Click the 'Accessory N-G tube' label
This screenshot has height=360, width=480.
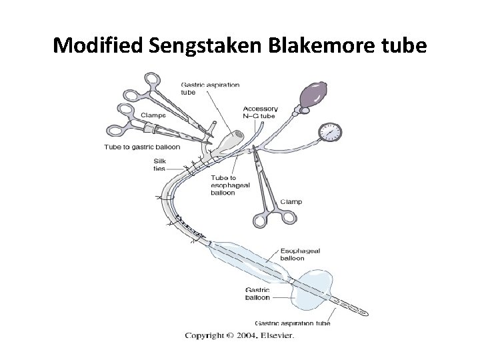pos(259,112)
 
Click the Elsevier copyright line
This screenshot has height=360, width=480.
pos(239,335)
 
